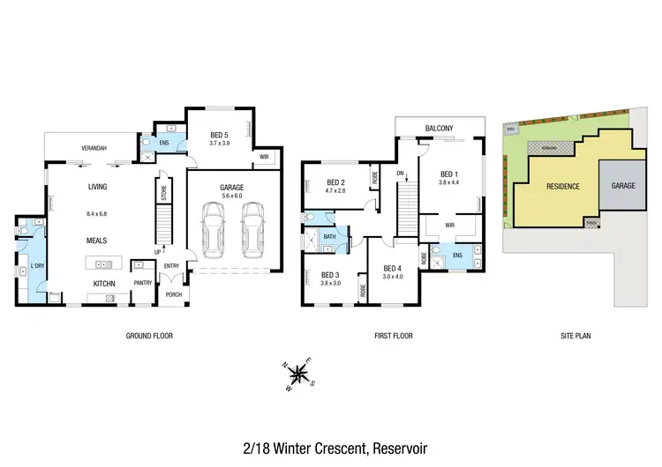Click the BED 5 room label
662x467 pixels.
[219, 134]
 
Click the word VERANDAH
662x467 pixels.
[94, 148]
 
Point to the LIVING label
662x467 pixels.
[97, 187]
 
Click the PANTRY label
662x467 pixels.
[143, 283]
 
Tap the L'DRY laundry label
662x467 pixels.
[37, 266]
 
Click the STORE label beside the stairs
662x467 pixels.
[163, 190]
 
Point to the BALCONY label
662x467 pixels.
[439, 130]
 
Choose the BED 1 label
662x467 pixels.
[448, 173]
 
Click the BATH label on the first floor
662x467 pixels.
[328, 236]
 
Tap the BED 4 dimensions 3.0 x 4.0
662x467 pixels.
[393, 277]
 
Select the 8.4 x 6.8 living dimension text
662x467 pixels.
[97, 213]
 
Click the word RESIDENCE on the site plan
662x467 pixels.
[562, 187]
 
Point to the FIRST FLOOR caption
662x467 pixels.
[393, 336]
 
